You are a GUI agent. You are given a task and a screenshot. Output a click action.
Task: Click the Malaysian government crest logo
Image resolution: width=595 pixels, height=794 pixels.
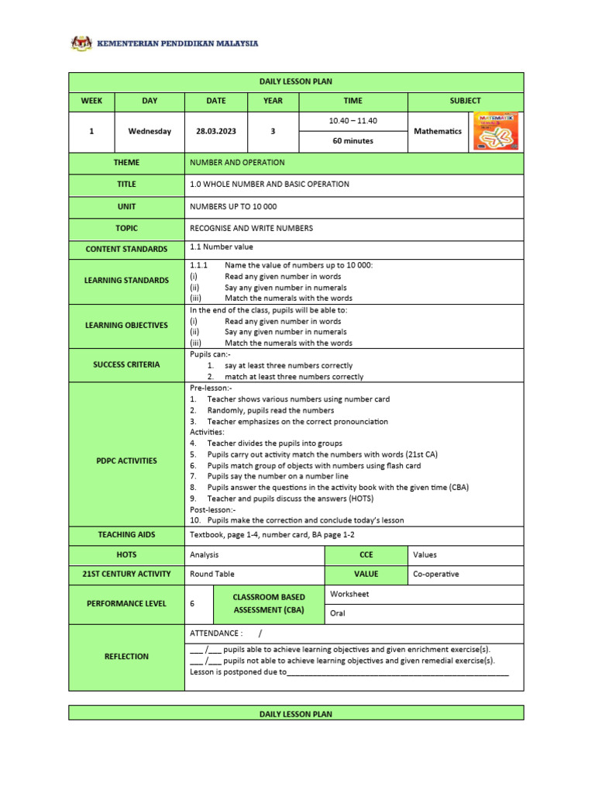[81, 43]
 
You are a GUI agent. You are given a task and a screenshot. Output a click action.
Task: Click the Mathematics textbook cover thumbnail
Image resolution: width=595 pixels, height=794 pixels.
[496, 131]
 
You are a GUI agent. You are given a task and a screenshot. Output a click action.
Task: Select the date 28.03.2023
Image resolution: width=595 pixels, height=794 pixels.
[215, 132]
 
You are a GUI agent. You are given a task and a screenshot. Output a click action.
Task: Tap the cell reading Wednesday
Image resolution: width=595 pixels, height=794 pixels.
[150, 132]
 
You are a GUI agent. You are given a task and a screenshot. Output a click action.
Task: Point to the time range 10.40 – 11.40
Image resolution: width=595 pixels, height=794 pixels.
[353, 121]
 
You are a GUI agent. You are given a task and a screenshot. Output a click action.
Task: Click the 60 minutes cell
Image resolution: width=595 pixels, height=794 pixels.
[353, 141]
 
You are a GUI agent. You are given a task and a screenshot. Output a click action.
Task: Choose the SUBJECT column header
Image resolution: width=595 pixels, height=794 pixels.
[465, 101]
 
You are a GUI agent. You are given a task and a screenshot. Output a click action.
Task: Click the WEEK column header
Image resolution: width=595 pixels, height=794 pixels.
[91, 101]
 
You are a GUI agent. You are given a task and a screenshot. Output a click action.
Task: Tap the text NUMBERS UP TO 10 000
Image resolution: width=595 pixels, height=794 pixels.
[233, 207]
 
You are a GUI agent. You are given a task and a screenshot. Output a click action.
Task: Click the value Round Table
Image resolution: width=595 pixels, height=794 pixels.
[212, 575]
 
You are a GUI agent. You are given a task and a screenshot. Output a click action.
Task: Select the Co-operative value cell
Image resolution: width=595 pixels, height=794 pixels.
[436, 575]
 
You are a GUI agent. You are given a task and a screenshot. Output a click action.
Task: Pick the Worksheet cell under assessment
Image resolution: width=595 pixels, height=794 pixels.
[349, 594]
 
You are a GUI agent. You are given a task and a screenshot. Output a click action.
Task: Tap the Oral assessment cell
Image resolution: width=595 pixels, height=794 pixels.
[338, 613]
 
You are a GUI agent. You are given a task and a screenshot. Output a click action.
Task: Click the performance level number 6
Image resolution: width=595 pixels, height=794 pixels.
[192, 604]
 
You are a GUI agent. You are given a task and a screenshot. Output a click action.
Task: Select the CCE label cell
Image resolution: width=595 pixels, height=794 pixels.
[366, 555]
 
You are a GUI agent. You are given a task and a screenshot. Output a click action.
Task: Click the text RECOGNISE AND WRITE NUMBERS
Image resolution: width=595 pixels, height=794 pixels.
[251, 229]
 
